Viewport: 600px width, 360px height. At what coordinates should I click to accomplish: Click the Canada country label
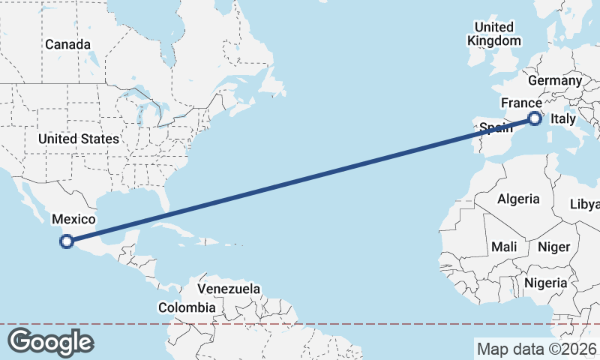tap(67, 44)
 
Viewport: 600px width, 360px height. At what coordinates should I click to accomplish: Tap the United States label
tap(79, 139)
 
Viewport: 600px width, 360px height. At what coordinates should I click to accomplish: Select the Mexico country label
tap(73, 220)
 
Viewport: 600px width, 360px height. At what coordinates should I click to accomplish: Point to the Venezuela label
tap(229, 289)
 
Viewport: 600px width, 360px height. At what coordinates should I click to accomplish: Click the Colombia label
tap(187, 307)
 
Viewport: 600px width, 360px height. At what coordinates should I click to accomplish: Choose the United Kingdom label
tap(493, 34)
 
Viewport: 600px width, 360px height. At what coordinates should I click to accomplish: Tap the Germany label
tap(555, 81)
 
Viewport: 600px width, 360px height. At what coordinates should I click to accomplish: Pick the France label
tap(521, 103)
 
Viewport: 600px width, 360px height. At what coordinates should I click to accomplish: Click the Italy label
tap(563, 119)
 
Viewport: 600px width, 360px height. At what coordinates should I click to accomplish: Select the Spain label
tap(495, 127)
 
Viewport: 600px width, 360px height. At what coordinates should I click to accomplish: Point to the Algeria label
tap(518, 199)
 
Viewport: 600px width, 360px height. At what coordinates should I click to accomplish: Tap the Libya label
tap(585, 205)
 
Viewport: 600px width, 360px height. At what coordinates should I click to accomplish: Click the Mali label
tap(504, 247)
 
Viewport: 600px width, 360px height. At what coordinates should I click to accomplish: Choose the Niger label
tap(554, 247)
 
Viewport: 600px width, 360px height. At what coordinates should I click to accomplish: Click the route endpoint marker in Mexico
tap(67, 241)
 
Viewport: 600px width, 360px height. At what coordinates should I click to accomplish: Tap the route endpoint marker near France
tap(535, 118)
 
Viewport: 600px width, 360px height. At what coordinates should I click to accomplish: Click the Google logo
tap(50, 342)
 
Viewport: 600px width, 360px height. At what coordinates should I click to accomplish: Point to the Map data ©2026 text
tap(536, 349)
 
